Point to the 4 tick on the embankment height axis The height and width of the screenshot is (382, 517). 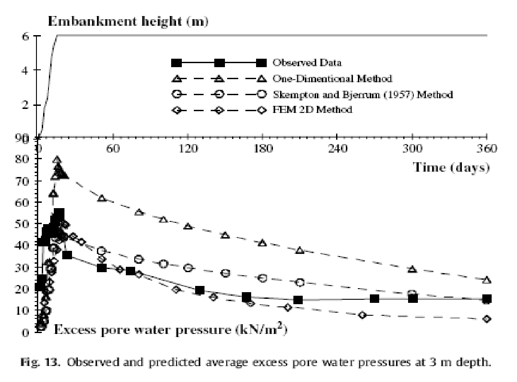(26, 70)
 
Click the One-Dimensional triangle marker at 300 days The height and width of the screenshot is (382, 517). (413, 269)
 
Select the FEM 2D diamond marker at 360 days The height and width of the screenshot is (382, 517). (487, 319)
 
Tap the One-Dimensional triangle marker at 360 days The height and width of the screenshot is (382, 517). (487, 280)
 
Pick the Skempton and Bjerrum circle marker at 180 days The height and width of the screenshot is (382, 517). (263, 278)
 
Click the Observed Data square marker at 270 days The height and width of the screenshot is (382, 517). (375, 298)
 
